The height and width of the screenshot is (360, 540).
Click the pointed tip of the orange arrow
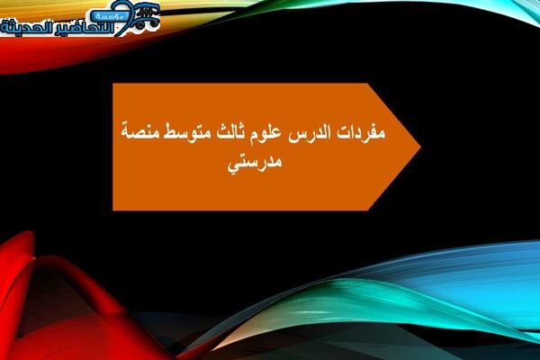[x=420, y=147]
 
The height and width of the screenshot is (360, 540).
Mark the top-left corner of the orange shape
[x=113, y=84]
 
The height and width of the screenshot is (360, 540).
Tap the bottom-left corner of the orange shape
[x=113, y=210]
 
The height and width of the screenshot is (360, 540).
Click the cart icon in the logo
[x=146, y=14]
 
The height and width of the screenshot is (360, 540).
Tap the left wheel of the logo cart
[x=139, y=24]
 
